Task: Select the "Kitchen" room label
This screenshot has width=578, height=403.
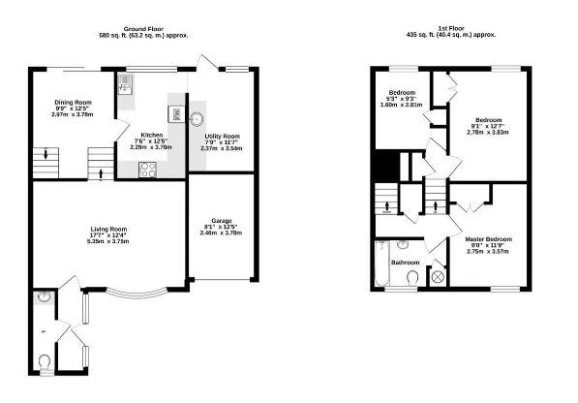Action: pyautogui.click(x=152, y=135)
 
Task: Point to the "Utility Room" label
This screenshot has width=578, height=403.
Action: pyautogui.click(x=222, y=137)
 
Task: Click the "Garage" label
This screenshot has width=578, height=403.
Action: pyautogui.click(x=222, y=220)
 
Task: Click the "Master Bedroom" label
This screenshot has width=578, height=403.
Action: pyautogui.click(x=488, y=238)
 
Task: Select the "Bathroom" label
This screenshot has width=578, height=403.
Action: pyautogui.click(x=405, y=263)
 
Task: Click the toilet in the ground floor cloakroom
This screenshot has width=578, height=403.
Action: pyautogui.click(x=45, y=362)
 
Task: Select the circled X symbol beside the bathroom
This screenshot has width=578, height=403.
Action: pyautogui.click(x=437, y=277)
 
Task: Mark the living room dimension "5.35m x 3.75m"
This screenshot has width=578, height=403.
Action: pyautogui.click(x=107, y=241)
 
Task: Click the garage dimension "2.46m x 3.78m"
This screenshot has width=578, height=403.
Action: pyautogui.click(x=222, y=233)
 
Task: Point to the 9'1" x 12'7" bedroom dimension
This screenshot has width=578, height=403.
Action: pyautogui.click(x=486, y=125)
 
